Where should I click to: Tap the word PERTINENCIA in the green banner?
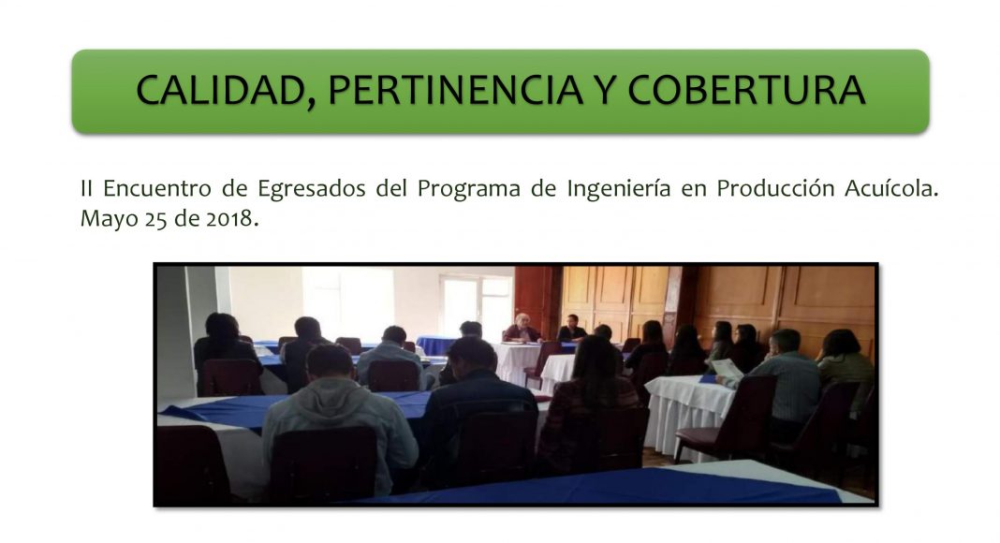455,90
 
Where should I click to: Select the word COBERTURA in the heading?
747,90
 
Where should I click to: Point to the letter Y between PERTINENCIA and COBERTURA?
605,90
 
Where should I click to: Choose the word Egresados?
311,190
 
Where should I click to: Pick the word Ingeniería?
619,190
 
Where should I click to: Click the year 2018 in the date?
229,218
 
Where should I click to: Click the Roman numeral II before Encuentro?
86,189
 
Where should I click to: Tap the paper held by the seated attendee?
727,370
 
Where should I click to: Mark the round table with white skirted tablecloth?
689,414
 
